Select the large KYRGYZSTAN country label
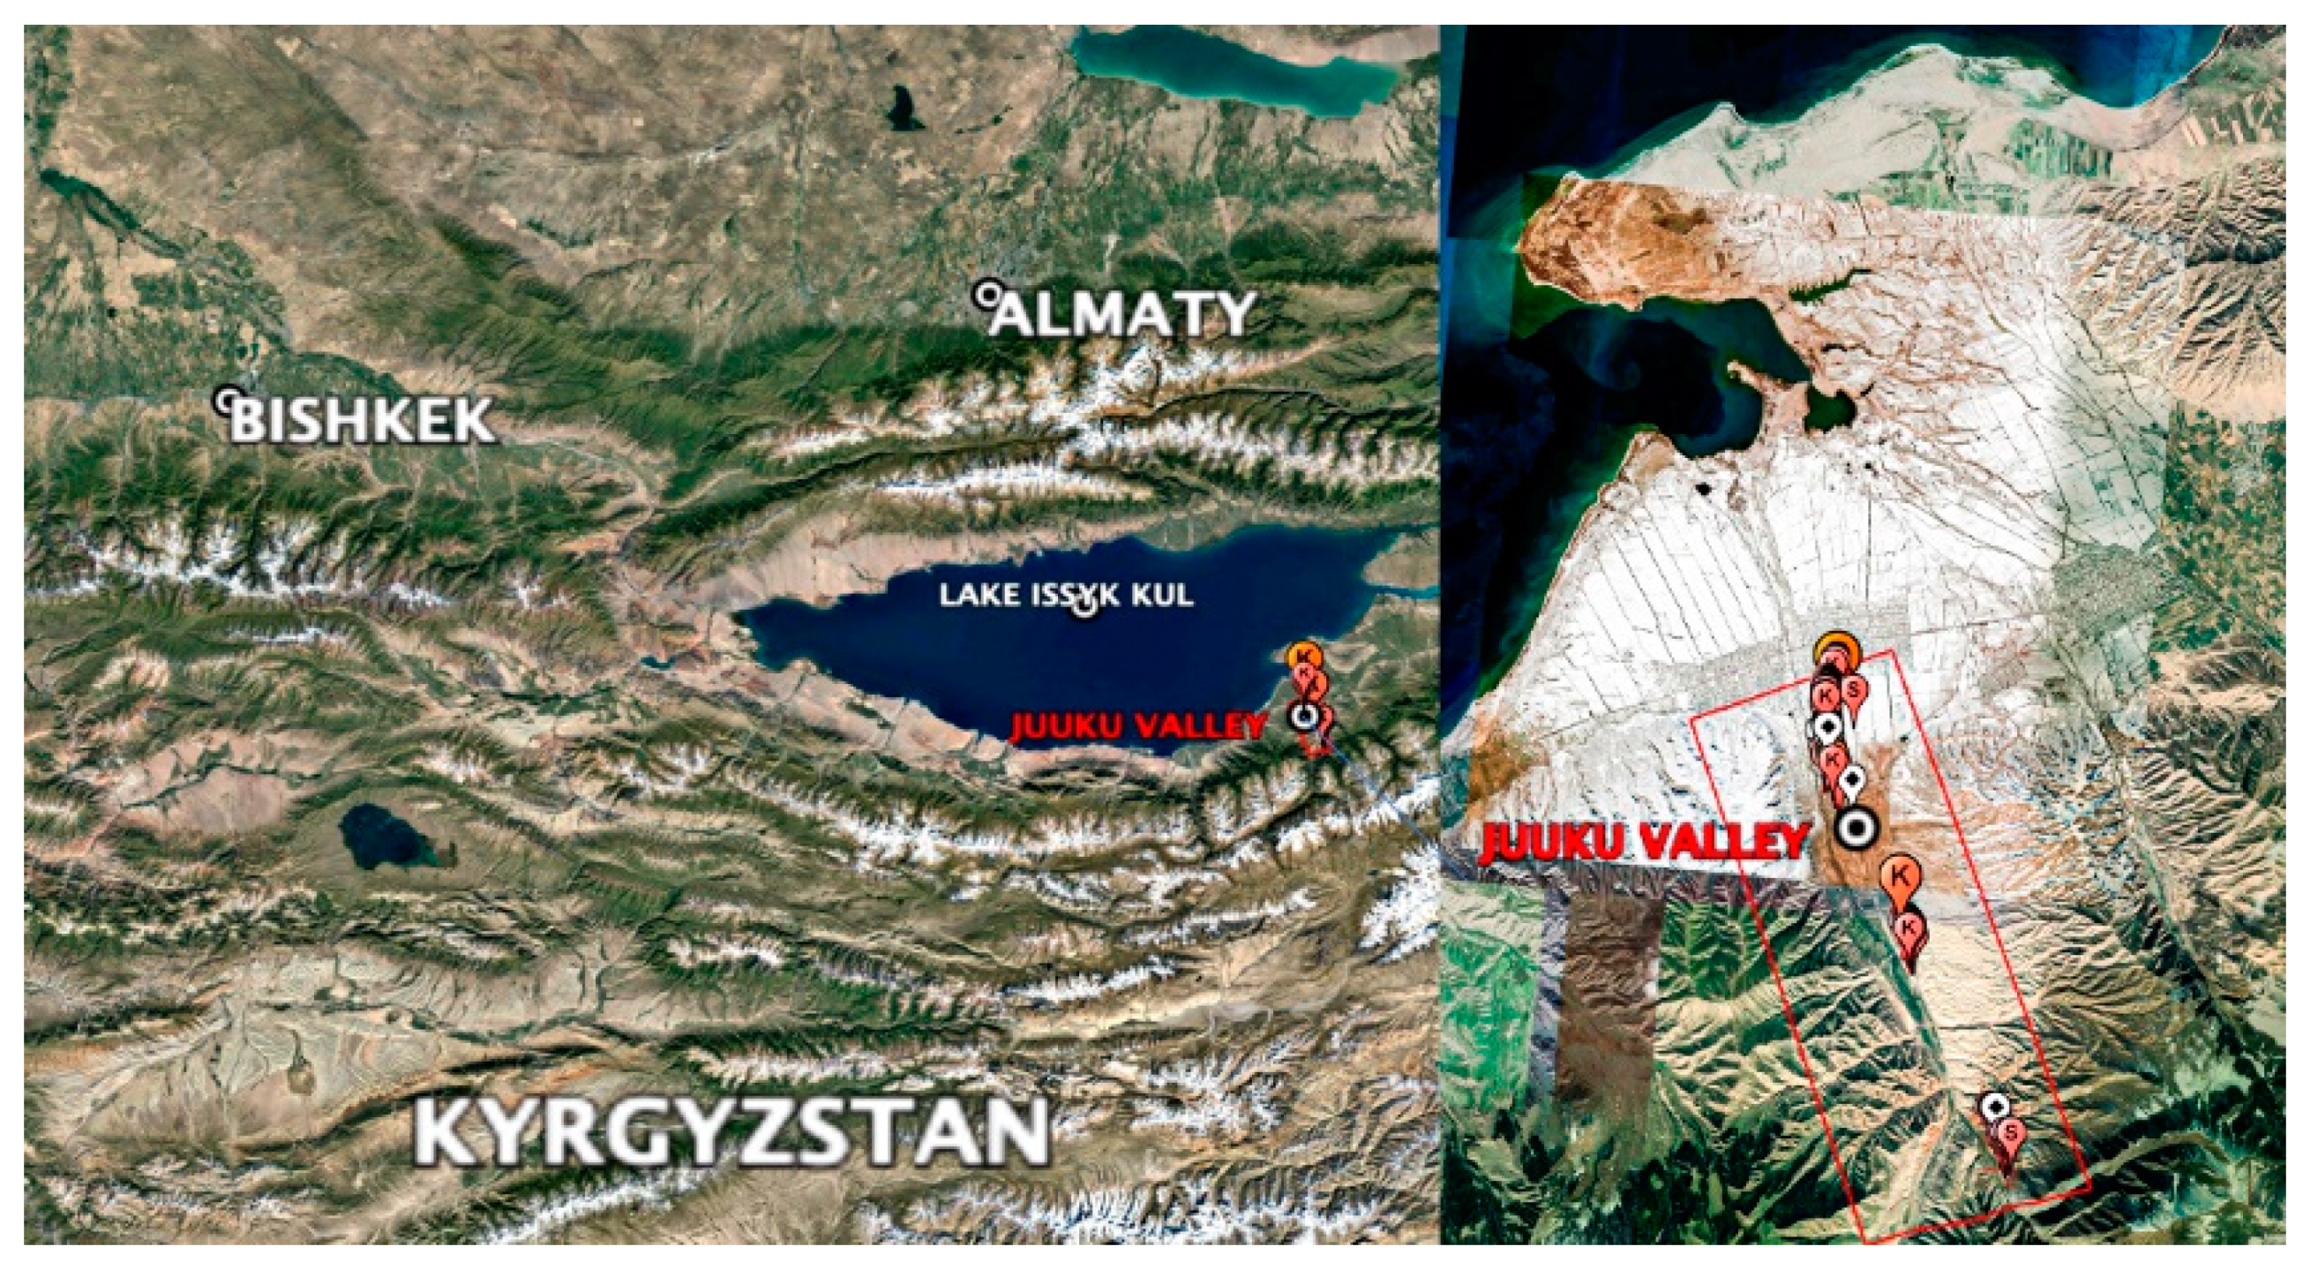click(731, 1132)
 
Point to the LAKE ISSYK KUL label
click(1066, 595)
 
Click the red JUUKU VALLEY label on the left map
click(1137, 725)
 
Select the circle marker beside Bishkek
click(228, 397)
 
